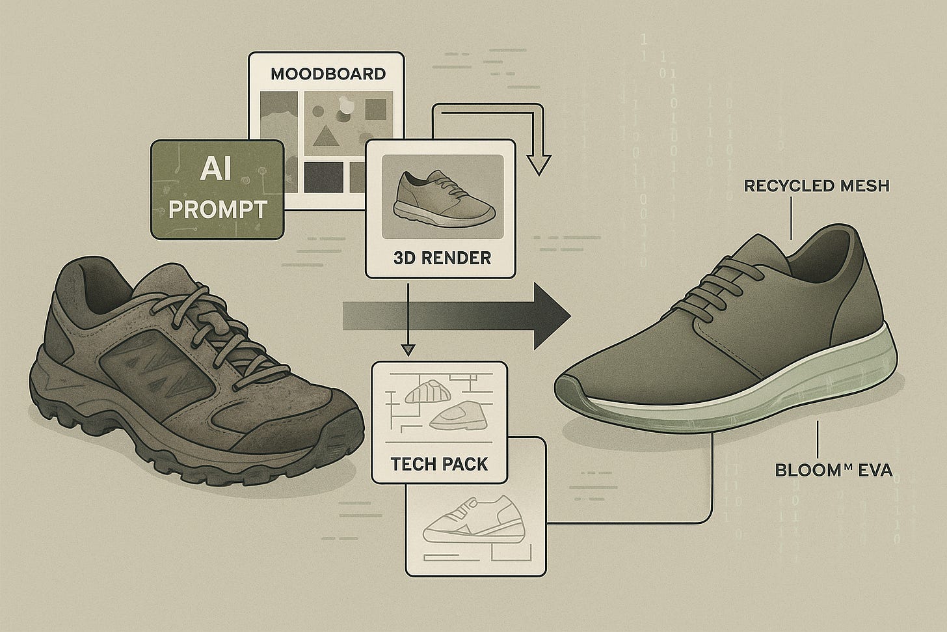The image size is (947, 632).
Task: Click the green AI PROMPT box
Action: [217, 189]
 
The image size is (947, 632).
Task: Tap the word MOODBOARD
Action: [328, 73]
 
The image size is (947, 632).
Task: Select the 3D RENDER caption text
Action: [442, 257]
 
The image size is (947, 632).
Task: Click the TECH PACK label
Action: [439, 464]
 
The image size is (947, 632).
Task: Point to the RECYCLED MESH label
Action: [816, 186]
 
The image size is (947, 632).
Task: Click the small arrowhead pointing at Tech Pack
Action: [408, 350]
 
